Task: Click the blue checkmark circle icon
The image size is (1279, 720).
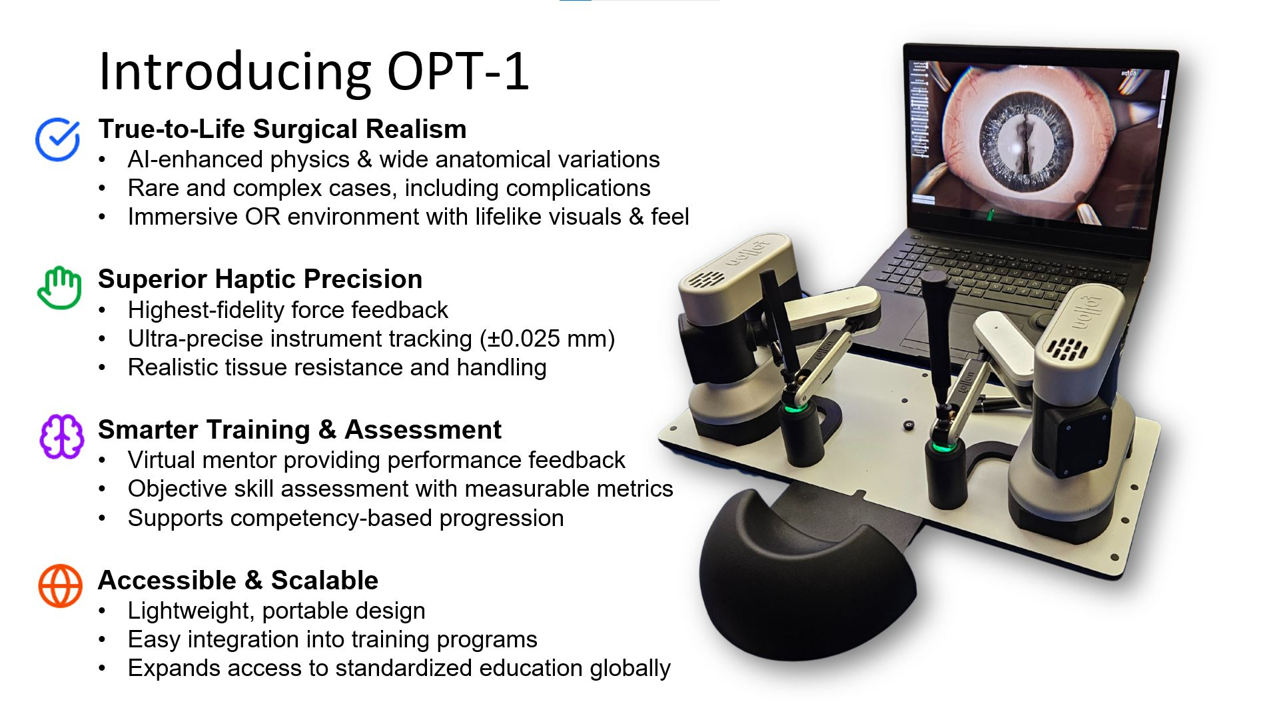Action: coord(58,139)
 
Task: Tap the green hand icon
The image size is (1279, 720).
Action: coord(59,287)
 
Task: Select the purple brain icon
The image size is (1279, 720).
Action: coord(61,437)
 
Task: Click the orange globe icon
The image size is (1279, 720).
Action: coord(60,586)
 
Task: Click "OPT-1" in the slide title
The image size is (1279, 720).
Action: coord(458,71)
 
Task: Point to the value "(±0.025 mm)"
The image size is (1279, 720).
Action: coord(548,339)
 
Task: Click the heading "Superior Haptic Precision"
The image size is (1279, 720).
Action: coord(260,279)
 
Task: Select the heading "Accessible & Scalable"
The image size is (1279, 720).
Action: coord(238,580)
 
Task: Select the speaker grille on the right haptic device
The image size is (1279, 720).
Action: coord(1067,349)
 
